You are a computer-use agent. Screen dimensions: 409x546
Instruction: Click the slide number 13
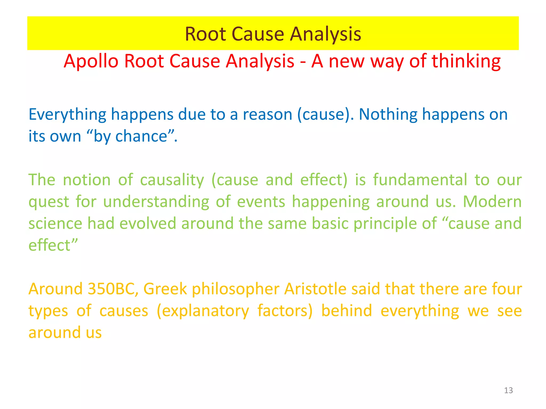coord(508,390)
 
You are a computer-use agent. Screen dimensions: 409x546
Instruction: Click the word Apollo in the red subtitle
coord(91,61)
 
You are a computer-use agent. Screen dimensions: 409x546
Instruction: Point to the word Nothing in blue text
coord(388,115)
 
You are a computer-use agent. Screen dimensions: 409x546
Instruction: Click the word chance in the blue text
coord(141,137)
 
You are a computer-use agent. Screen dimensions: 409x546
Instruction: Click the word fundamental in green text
coord(420,180)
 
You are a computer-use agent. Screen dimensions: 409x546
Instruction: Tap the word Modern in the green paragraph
coord(492,202)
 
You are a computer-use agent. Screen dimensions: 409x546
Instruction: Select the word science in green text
coord(55,223)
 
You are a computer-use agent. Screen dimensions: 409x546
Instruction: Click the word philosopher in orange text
coord(236,289)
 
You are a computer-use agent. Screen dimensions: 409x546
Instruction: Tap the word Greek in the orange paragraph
coord(165,289)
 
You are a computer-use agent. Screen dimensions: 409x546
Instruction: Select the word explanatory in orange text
coord(203,311)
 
